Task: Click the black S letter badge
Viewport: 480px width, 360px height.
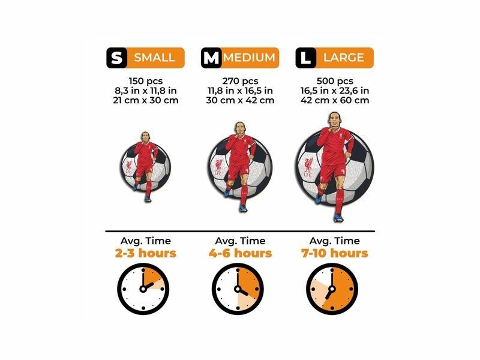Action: pyautogui.click(x=116, y=58)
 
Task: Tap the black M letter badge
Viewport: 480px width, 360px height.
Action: pyautogui.click(x=211, y=58)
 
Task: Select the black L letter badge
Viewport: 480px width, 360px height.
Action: pyautogui.click(x=305, y=58)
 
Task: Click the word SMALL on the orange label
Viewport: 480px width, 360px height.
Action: pyautogui.click(x=155, y=58)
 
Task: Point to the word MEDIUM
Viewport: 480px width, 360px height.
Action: pyautogui.click(x=249, y=58)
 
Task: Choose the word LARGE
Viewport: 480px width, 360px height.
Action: pyautogui.click(x=344, y=58)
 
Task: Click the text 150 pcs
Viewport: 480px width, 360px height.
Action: pyautogui.click(x=146, y=81)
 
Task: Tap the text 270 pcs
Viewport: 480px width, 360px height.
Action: pyautogui.click(x=241, y=81)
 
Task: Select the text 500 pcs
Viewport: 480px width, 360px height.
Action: pyautogui.click(x=335, y=81)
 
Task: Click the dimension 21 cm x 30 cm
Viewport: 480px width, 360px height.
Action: pyautogui.click(x=146, y=100)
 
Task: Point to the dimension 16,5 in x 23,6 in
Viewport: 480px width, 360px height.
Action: pyautogui.click(x=335, y=91)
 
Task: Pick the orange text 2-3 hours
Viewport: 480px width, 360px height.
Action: pyautogui.click(x=146, y=253)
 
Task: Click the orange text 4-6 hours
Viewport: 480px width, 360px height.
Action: pyautogui.click(x=241, y=253)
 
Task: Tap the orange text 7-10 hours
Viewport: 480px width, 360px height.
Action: pyautogui.click(x=335, y=253)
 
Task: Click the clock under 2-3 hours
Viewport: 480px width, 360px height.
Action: pyautogui.click(x=143, y=289)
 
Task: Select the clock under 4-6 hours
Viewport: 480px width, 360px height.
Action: pyautogui.click(x=238, y=289)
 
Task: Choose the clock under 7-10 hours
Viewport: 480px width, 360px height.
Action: pyautogui.click(x=332, y=289)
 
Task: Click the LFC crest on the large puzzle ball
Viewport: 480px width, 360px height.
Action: pyautogui.click(x=308, y=167)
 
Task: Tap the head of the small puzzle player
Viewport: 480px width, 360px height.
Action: pyautogui.click(x=145, y=137)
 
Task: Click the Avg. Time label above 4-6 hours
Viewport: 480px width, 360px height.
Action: pyautogui.click(x=241, y=241)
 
